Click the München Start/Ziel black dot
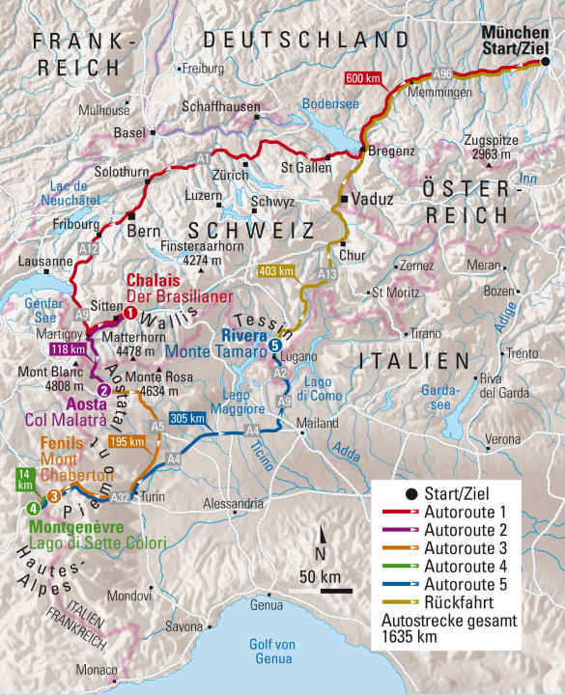pyautogui.click(x=544, y=62)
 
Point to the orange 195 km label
pyautogui.click(x=130, y=441)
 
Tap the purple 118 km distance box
pyautogui.click(x=66, y=349)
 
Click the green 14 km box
pyautogui.click(x=24, y=480)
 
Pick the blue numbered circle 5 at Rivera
pyautogui.click(x=276, y=346)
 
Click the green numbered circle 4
pyautogui.click(x=34, y=509)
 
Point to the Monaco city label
pyautogui.click(x=99, y=670)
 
